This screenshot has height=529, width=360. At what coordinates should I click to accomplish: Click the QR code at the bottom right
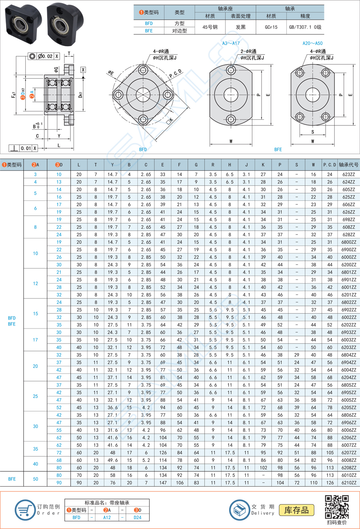337,506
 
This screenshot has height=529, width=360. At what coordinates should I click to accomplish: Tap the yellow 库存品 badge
296,510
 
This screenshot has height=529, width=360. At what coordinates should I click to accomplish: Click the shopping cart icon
24,509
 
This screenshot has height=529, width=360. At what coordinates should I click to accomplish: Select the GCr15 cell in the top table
271,27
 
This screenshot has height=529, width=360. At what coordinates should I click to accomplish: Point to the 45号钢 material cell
210,27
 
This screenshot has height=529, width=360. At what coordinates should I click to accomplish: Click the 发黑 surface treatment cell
241,27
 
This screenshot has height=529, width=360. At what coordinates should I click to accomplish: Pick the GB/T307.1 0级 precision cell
305,27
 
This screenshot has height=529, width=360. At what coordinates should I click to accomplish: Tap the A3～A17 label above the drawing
231,43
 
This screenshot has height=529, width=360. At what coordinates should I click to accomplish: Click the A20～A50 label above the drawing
313,43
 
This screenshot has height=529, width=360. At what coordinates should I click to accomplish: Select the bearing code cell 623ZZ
349,174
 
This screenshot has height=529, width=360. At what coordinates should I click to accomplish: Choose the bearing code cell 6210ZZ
349,482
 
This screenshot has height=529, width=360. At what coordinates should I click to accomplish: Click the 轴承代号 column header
349,164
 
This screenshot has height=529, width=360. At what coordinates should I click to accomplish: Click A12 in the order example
107,517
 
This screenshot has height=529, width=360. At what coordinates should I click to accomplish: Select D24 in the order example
137,517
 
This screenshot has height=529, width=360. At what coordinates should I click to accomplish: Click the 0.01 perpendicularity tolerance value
26,148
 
